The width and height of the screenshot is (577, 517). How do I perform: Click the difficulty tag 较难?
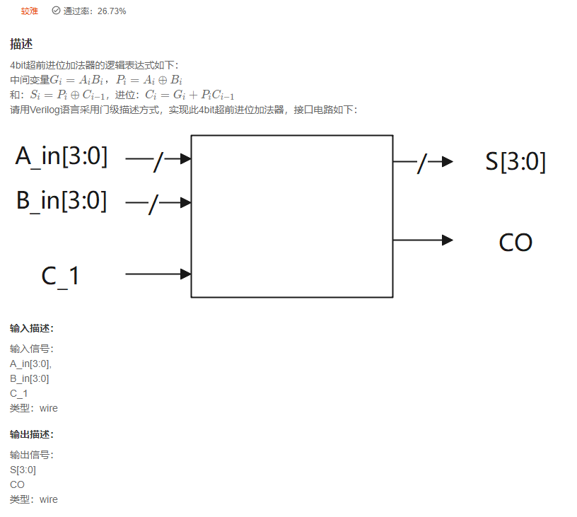30,11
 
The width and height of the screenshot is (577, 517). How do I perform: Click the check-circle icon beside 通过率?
56,11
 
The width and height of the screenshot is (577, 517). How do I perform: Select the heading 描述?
21,44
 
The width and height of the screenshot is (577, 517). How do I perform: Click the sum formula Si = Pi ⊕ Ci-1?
62,95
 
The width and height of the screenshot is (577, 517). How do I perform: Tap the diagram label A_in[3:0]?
62,156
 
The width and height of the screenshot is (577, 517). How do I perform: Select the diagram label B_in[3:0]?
62,201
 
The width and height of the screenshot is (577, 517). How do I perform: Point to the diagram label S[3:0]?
515,162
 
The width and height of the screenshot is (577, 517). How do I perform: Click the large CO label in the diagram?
515,242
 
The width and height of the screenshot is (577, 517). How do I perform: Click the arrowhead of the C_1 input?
186,274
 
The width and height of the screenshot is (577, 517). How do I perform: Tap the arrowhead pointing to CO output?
447,240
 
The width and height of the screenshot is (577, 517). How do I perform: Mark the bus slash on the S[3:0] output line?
422,163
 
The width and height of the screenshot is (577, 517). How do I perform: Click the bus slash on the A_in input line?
158,162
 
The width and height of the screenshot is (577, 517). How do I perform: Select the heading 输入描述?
32,328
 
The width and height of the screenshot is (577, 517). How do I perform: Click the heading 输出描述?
32,434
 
